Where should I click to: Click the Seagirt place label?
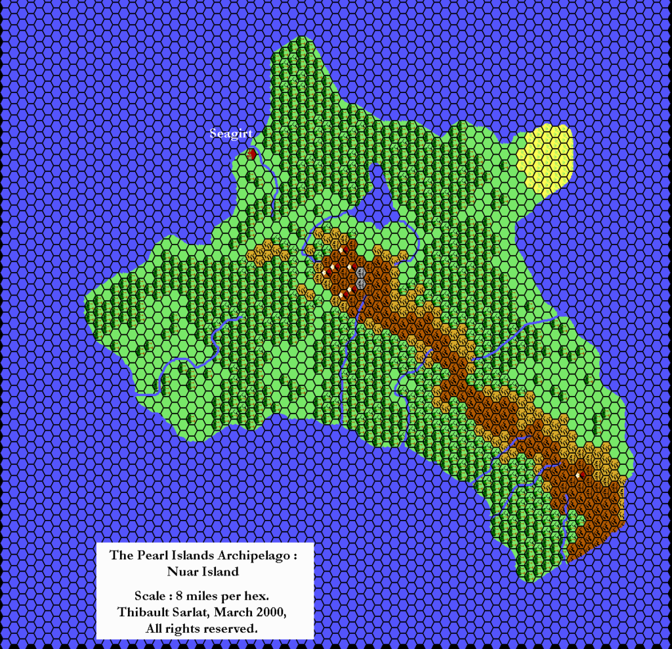coord(231,134)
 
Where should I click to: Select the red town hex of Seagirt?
coord(251,154)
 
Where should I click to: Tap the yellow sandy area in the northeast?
coord(545,157)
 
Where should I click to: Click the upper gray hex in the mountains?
coord(360,271)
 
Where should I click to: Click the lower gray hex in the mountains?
coord(360,284)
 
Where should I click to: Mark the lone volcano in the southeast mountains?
coord(579,474)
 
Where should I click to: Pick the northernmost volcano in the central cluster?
coord(341,259)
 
